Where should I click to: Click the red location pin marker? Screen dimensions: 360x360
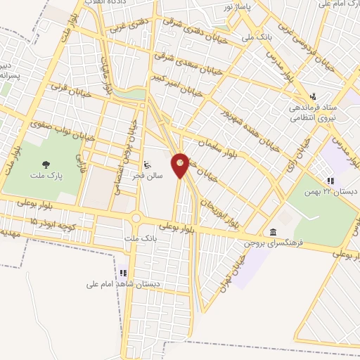click(181, 165)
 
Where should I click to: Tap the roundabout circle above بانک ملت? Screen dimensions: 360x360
click(136, 219)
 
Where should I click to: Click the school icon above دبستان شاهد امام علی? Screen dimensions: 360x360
click(124, 271)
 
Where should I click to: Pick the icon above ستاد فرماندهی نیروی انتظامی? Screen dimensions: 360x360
click(314, 96)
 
